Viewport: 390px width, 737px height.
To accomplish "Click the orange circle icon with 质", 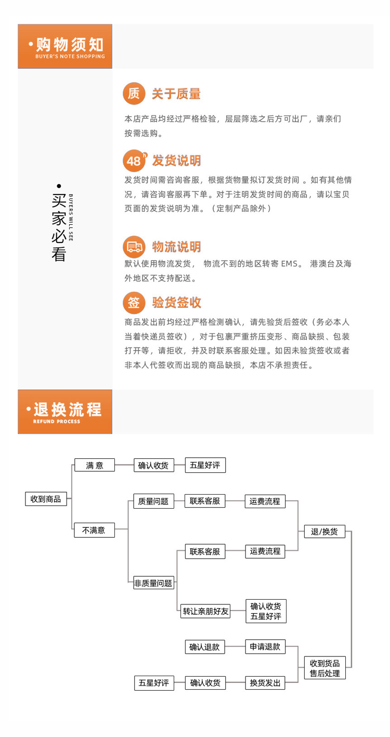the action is (x=134, y=94).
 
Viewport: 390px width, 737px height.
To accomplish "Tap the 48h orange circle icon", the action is (x=135, y=161).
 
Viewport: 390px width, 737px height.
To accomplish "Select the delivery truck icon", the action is (x=134, y=247).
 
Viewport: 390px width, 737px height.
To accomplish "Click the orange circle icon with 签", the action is (x=134, y=303).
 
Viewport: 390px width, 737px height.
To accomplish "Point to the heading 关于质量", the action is (x=176, y=94).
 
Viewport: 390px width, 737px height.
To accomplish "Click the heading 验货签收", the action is (x=177, y=303).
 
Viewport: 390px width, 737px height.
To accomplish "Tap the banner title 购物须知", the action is (x=70, y=44).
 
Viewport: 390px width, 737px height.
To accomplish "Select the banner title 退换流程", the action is (x=68, y=410).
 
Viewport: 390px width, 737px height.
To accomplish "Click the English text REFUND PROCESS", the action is (x=57, y=421).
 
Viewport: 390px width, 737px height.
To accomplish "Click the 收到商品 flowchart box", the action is (x=46, y=499).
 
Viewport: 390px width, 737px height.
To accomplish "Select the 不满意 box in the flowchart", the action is (x=94, y=530).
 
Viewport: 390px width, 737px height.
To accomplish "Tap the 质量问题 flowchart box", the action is (x=153, y=501).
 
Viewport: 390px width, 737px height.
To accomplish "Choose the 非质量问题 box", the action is (x=153, y=583).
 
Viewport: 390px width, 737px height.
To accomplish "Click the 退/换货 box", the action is (x=324, y=532).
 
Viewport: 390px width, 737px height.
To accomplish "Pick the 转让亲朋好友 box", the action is (x=205, y=611).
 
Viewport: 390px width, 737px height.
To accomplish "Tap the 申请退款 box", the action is (x=265, y=647).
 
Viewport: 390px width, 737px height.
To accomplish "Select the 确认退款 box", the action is (x=205, y=647).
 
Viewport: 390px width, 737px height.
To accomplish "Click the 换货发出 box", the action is (x=265, y=683).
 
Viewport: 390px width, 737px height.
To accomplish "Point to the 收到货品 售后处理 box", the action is (x=325, y=668).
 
